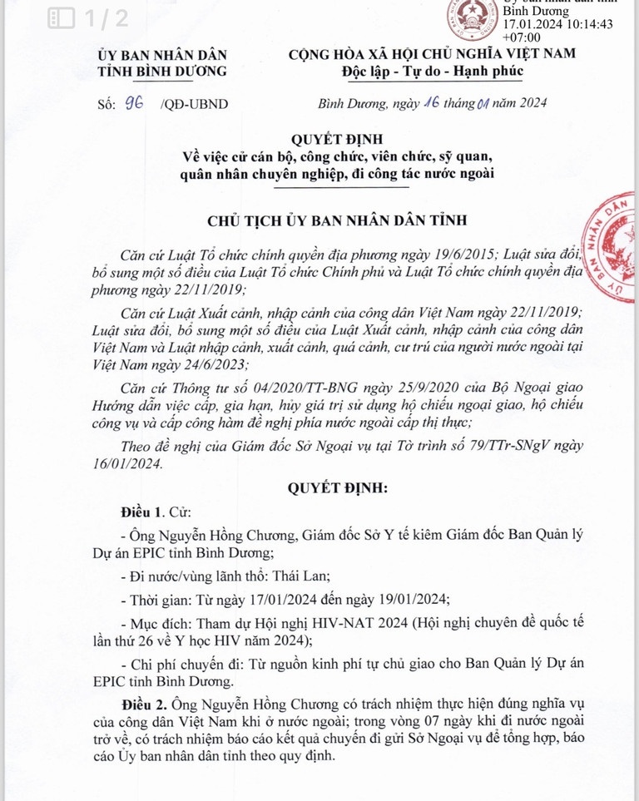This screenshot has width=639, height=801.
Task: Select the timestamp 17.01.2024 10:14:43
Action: click(x=558, y=25)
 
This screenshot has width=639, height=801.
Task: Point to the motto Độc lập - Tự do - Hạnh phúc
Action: click(x=433, y=71)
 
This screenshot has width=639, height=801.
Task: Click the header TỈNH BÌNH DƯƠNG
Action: click(x=162, y=71)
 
